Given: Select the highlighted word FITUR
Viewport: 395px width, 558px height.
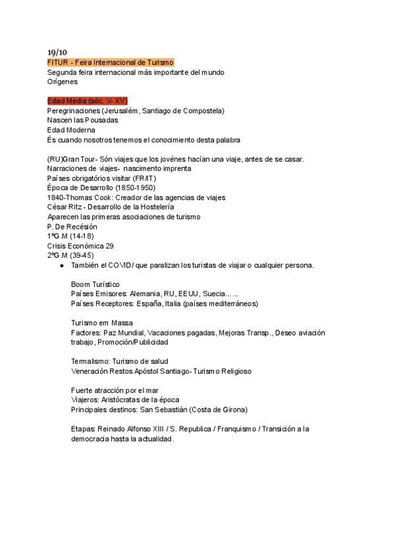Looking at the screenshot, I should click(x=58, y=62).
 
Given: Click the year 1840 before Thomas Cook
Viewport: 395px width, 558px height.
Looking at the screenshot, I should click(x=57, y=197).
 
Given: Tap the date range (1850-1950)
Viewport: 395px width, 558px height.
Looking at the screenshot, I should click(x=135, y=188).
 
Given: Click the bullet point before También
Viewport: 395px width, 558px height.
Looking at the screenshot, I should click(x=61, y=266).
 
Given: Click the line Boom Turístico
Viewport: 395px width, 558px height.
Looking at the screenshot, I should click(x=95, y=284).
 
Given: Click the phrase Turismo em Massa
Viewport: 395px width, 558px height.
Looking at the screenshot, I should click(x=102, y=323).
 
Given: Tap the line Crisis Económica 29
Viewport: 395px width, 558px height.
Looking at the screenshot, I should click(x=81, y=245).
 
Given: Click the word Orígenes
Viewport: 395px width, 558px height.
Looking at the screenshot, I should click(x=63, y=82).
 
